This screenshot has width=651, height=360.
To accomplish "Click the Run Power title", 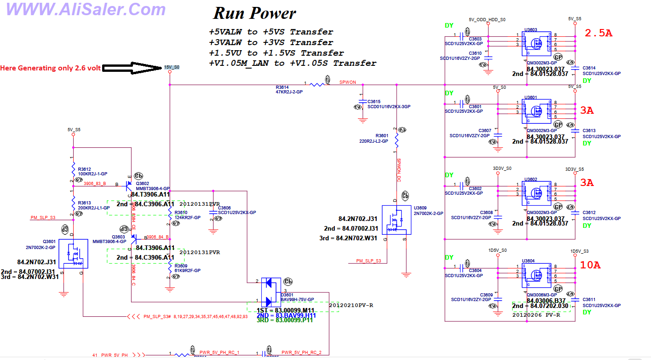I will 254,13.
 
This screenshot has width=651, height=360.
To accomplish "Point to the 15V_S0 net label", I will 172,67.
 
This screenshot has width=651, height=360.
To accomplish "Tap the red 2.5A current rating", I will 599,33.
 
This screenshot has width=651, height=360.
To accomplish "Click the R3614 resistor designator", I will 282,87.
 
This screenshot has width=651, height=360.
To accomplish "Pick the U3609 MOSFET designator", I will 421,208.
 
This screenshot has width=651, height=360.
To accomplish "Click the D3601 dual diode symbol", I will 269,292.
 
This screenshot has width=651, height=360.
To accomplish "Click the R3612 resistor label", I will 84,169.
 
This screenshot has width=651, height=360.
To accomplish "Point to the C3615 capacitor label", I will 374,101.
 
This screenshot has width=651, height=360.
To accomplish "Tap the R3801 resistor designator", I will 382,136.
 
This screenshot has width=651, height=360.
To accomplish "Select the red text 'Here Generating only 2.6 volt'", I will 50,68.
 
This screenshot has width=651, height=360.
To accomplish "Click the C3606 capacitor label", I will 225,208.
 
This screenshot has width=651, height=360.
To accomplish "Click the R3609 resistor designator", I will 181,266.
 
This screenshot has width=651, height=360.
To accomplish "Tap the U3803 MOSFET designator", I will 530,29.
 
